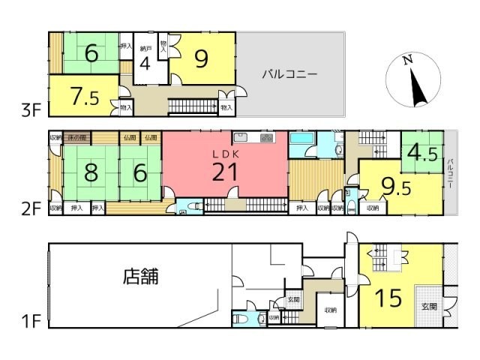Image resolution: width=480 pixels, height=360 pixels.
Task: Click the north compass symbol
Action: [412, 80]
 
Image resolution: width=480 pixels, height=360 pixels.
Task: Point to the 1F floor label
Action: [30, 323]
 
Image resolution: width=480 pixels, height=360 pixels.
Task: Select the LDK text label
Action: [225, 152]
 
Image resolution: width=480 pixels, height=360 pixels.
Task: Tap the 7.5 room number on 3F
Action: [83, 95]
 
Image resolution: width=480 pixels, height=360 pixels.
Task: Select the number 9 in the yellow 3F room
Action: [200, 58]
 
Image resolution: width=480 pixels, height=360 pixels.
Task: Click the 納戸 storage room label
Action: [146, 49]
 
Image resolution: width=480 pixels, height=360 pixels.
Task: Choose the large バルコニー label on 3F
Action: [289, 74]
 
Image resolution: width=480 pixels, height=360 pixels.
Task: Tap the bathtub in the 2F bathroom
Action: [301, 142]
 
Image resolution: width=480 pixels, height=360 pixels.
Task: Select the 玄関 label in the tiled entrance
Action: [428, 306]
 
